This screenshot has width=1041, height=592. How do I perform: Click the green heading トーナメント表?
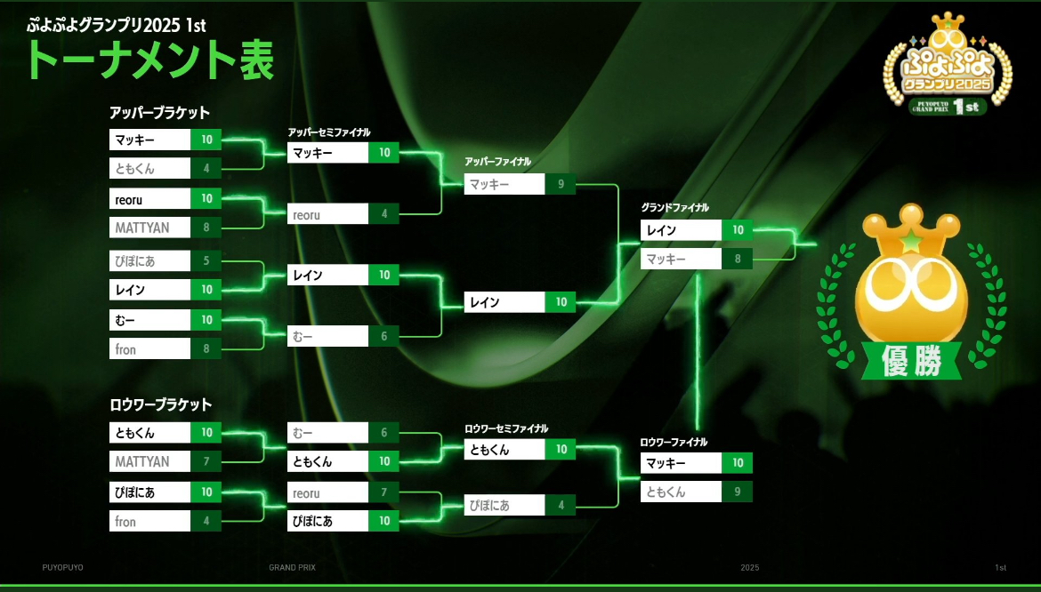149,61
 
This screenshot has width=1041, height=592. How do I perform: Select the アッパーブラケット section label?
159,112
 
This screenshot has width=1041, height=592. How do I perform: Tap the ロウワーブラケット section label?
161,404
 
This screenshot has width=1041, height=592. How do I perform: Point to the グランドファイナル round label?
674,207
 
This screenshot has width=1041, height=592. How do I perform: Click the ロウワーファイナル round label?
674,442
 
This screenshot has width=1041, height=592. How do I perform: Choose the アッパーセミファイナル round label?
329,132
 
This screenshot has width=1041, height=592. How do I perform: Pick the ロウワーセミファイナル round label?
506,429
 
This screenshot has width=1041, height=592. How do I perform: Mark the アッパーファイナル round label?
498,162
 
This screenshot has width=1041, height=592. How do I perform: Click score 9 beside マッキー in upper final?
561,184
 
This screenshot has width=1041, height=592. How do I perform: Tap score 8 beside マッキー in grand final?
738,260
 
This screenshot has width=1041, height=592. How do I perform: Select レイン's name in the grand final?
661,230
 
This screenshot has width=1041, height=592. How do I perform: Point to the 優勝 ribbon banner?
911,361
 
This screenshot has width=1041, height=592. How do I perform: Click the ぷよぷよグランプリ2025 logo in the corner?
948,65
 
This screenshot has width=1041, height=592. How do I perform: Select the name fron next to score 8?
125,349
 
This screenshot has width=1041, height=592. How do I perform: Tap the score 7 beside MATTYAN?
206,461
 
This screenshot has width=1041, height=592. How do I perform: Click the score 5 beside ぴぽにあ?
206,260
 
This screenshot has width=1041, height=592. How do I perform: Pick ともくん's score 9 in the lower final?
738,492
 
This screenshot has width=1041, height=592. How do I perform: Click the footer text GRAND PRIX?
292,567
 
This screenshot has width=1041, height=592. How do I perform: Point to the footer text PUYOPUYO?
63,567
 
